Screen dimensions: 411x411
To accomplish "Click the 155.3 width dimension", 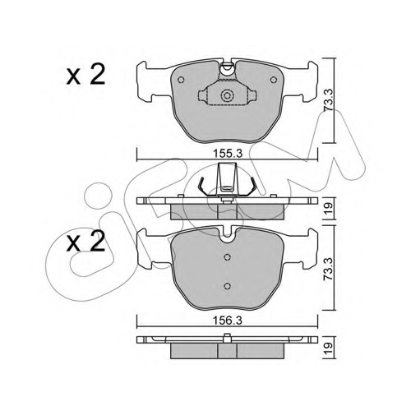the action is click(228, 154).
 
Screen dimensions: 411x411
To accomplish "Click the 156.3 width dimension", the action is click(228, 321).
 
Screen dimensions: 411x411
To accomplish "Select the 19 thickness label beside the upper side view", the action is click(329, 209).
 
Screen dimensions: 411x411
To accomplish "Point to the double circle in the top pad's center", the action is click(227, 95).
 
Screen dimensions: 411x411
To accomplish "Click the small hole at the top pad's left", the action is click(181, 80).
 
